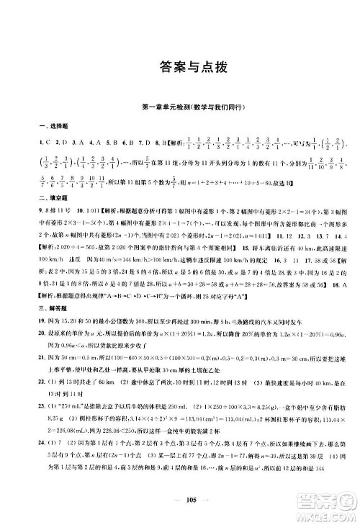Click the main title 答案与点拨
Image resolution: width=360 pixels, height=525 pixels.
click(179, 68)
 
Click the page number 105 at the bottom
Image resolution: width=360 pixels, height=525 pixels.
click(179, 501)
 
